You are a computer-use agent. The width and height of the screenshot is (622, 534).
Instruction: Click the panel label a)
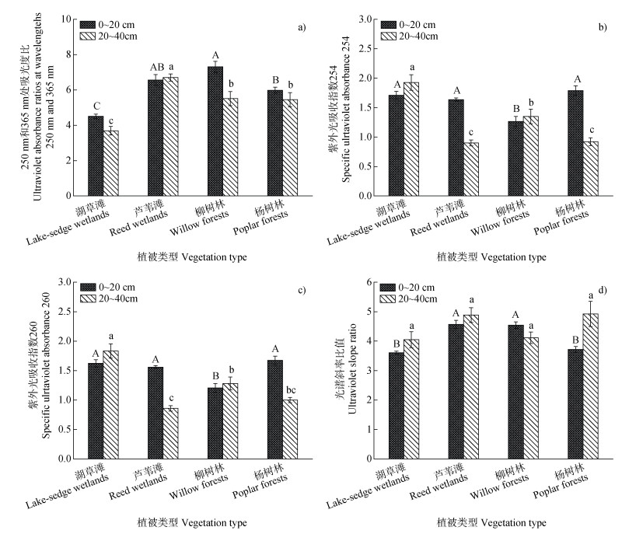click(302, 27)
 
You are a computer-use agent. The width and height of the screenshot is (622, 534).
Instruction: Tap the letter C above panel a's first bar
click(95, 106)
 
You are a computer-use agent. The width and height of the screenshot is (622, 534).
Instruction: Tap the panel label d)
click(603, 291)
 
